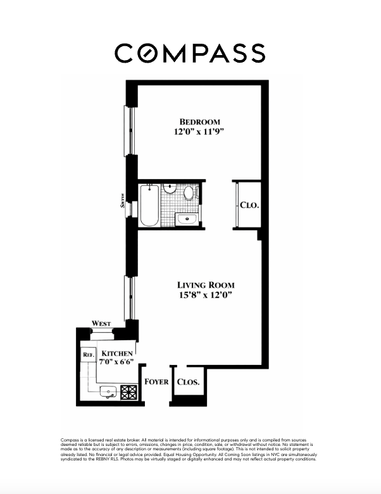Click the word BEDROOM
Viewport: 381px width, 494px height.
click(x=199, y=121)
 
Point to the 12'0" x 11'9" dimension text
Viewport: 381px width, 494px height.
click(x=199, y=132)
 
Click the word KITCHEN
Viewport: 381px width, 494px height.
click(x=117, y=352)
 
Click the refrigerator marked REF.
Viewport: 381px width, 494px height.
click(x=88, y=355)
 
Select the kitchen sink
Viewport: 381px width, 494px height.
click(x=108, y=392)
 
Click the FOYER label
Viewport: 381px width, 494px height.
click(x=156, y=381)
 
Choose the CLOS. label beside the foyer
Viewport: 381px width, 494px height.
click(x=188, y=382)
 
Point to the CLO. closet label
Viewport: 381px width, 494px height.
click(x=249, y=206)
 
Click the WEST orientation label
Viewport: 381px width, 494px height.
click(x=101, y=324)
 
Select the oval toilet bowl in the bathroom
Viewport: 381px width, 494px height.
click(x=189, y=193)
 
